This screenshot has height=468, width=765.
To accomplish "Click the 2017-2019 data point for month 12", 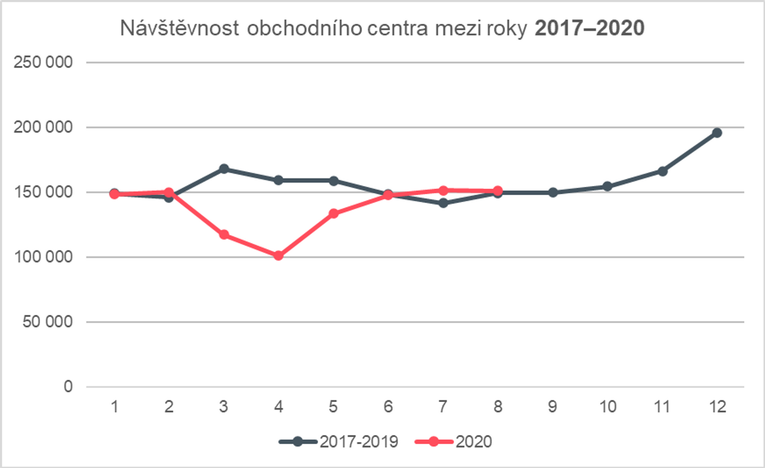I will (x=717, y=133).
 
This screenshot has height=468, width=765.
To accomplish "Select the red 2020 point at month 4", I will (x=279, y=255).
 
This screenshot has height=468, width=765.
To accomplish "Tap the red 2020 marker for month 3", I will (x=224, y=235).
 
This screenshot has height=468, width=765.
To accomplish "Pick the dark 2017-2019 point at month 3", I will (x=224, y=169).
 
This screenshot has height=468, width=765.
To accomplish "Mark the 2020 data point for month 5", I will (x=333, y=213).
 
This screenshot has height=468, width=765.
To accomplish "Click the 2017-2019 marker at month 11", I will (x=662, y=171).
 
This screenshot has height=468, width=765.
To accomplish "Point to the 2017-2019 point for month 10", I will (x=607, y=186).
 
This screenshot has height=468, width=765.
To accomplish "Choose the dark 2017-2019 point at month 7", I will (x=443, y=203).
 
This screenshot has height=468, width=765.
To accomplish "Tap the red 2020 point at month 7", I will (x=443, y=190).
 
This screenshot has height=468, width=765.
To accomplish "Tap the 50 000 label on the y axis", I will (x=49, y=322).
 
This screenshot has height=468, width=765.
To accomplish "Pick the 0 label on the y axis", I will (x=69, y=386).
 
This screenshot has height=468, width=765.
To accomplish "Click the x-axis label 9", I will (x=552, y=407).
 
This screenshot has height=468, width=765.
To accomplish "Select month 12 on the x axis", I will (x=717, y=407).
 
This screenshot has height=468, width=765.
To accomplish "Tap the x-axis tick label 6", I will (x=388, y=407).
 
